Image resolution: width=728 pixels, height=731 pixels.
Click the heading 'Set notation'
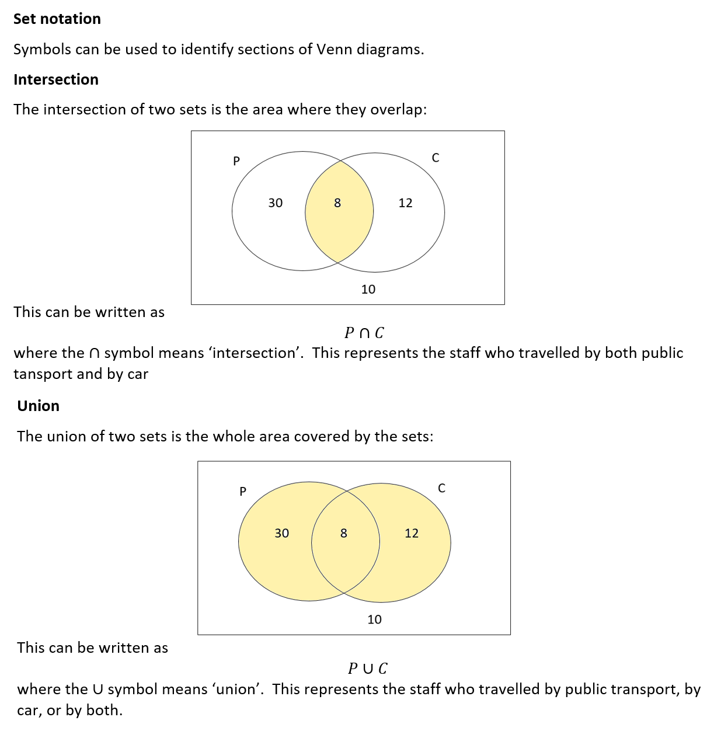coord(57,19)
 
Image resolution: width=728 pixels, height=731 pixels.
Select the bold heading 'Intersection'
coord(56,79)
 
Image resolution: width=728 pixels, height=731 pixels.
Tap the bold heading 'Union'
coord(38,406)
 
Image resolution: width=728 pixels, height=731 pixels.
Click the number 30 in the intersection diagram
coord(275,203)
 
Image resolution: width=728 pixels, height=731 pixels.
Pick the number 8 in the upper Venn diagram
coord(337,203)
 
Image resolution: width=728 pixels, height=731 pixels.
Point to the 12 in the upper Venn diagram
coord(405,203)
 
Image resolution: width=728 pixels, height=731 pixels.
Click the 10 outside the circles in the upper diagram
coord(368,289)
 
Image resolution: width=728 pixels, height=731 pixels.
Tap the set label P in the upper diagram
coord(236,161)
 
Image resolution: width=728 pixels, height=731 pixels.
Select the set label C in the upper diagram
coord(436,158)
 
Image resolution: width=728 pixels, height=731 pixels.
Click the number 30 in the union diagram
coord(281,533)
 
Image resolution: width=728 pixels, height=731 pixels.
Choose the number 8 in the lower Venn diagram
coord(344,533)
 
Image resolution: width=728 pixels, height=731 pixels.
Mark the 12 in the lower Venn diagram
coord(412,533)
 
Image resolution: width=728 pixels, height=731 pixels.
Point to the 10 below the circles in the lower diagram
coord(374,619)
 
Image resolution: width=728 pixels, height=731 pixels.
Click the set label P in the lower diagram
coord(243,491)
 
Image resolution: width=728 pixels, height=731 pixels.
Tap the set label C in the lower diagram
coord(441,488)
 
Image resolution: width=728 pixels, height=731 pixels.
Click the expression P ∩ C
coord(364,333)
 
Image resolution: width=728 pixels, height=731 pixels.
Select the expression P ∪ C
coord(368,669)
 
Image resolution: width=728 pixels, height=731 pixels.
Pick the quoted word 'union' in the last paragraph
coord(236,689)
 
